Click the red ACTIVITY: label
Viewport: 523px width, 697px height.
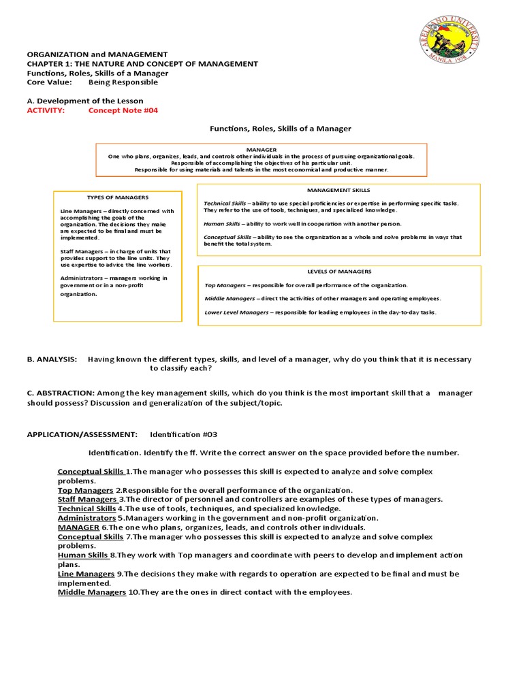[x=46, y=111]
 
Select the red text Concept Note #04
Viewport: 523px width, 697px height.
[x=123, y=111]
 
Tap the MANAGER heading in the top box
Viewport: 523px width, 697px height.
[x=261, y=149]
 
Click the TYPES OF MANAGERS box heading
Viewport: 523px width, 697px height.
[x=117, y=197]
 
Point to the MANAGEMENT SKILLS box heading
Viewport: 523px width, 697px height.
[x=338, y=191]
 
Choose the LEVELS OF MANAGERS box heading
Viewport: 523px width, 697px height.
[x=338, y=272]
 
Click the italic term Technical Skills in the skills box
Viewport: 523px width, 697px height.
[x=225, y=204]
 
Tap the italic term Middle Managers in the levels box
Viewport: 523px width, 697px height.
[x=227, y=298]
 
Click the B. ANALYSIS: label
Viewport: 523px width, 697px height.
[x=52, y=359]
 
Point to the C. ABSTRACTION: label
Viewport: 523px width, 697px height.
[x=61, y=393]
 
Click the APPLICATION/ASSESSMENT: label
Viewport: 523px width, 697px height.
[x=82, y=434]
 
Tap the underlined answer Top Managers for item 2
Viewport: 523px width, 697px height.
[x=85, y=490]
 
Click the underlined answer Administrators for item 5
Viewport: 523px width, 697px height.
[x=86, y=517]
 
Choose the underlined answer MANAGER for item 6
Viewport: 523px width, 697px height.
[x=78, y=527]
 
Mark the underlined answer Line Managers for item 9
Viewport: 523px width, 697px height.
[x=86, y=574]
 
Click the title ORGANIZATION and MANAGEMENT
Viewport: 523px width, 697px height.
[x=97, y=54]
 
